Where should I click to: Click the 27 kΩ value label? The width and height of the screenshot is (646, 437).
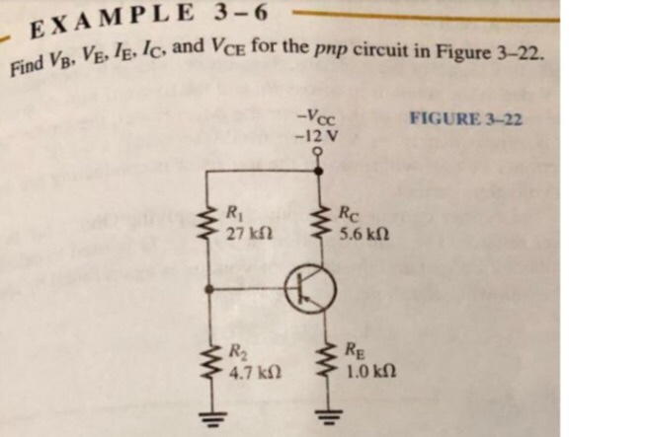point(244,236)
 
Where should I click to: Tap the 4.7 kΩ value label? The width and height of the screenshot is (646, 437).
point(248,375)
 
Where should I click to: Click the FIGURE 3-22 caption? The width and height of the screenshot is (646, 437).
point(464,119)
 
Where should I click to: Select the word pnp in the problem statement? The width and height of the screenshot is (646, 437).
point(332,49)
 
